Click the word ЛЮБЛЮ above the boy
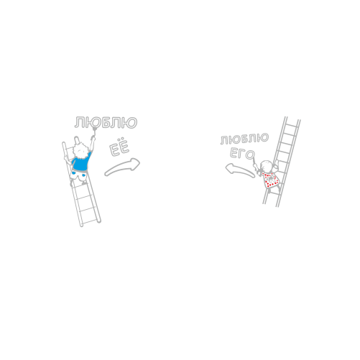tap(106, 122)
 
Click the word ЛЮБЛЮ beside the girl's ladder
tap(244, 139)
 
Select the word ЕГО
tap(242, 154)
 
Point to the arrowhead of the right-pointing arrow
tap(134, 164)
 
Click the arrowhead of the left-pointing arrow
tap(230, 168)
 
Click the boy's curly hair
tap(80, 149)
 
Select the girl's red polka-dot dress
tap(270, 180)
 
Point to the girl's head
tap(267, 166)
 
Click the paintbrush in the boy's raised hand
tap(94, 133)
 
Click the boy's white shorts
tap(78, 176)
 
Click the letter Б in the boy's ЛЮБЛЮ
tap(106, 122)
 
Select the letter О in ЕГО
tap(250, 156)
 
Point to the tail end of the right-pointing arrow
tap(106, 174)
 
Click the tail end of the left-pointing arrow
tap(253, 176)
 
